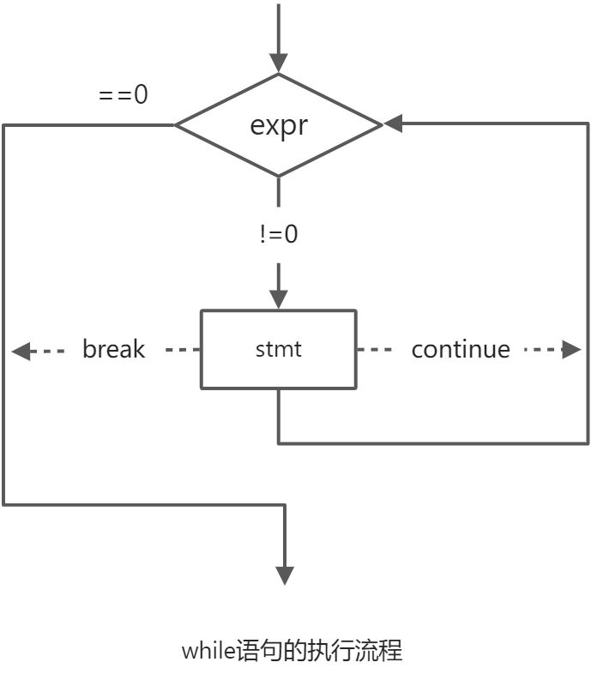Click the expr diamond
tap(278, 125)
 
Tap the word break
tap(113, 350)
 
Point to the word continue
tap(460, 350)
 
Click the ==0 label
tap(124, 94)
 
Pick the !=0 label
tap(279, 234)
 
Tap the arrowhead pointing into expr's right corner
tap(394, 125)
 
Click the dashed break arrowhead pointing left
tap(21, 350)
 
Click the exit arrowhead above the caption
tap(284, 575)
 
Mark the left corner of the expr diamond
tap(177, 125)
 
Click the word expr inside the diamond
tap(278, 125)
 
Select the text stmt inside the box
tap(278, 350)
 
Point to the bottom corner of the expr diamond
tap(278, 176)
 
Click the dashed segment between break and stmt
tap(182, 350)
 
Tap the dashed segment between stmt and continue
tap(375, 350)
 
